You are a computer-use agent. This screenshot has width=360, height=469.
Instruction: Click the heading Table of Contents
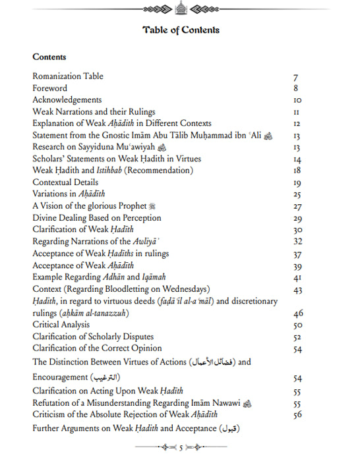(180, 30)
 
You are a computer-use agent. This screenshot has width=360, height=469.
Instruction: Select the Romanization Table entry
(67, 76)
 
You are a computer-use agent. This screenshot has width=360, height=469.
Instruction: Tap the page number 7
(296, 77)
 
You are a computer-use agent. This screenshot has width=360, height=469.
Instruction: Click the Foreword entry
(50, 88)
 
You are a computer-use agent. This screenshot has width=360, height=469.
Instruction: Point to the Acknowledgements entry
(66, 100)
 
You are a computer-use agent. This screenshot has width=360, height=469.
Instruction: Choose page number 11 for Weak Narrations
(297, 113)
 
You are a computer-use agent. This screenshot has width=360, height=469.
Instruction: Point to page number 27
(297, 206)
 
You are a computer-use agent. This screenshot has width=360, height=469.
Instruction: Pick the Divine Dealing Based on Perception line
(96, 218)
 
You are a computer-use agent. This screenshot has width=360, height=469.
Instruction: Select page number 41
(297, 277)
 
